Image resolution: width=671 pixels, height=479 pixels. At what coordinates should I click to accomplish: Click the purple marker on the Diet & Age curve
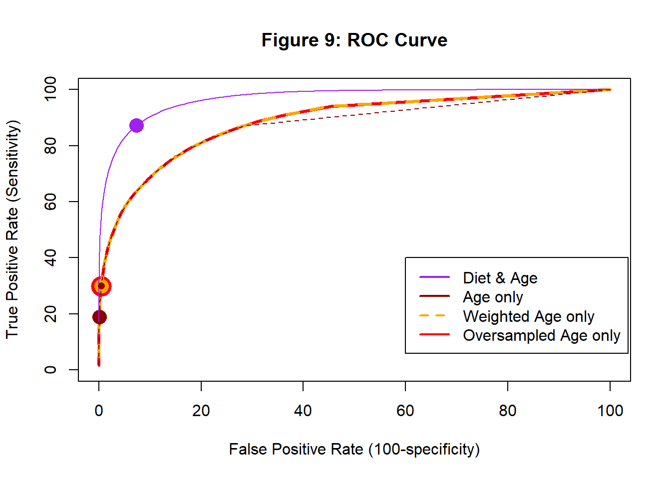click(136, 125)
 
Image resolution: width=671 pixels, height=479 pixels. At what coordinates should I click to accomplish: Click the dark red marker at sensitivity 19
click(99, 317)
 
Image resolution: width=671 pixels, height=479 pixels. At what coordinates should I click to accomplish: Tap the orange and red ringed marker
click(101, 286)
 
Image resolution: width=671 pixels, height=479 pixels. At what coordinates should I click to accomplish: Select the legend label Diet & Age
click(500, 278)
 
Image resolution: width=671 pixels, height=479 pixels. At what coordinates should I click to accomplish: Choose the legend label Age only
click(493, 297)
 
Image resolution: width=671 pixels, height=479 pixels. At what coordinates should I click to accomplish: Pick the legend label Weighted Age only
click(528, 316)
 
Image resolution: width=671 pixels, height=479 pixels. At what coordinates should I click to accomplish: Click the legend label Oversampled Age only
click(541, 335)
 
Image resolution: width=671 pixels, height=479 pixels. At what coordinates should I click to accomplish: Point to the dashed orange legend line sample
click(434, 316)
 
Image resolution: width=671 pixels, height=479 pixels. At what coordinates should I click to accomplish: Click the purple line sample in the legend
click(434, 277)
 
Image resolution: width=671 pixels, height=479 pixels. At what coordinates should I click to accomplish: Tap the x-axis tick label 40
click(303, 411)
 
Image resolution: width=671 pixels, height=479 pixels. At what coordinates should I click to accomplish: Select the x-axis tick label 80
click(508, 411)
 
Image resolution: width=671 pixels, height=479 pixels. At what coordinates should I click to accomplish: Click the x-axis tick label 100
click(610, 411)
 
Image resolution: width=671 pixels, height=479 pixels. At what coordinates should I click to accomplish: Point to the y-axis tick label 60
click(50, 202)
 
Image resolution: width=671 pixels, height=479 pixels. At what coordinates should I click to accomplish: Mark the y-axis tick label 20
click(50, 314)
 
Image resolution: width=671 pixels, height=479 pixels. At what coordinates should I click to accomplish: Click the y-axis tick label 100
click(50, 89)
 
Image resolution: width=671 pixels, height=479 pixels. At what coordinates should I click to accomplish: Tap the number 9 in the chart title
click(330, 40)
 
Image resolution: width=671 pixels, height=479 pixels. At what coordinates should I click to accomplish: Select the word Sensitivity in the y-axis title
click(12, 162)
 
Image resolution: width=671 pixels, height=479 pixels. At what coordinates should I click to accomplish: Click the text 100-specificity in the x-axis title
click(424, 450)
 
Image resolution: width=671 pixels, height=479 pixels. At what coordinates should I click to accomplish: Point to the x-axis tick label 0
click(99, 411)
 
